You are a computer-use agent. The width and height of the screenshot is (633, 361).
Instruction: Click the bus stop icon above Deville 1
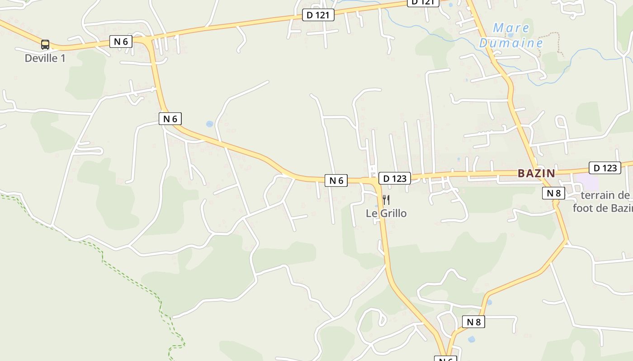click(x=45, y=44)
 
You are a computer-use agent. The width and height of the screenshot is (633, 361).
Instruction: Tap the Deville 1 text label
click(x=45, y=58)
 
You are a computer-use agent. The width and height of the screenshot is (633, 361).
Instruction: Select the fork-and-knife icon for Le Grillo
click(x=386, y=199)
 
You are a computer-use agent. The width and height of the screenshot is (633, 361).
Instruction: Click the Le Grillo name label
click(x=386, y=213)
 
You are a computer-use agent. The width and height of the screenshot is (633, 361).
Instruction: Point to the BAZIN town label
click(x=536, y=173)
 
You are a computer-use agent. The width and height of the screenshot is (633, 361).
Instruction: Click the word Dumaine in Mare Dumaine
click(x=511, y=43)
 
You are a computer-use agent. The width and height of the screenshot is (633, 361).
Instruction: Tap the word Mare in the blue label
click(x=511, y=28)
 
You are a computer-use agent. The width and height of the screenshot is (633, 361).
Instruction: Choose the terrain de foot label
click(x=604, y=201)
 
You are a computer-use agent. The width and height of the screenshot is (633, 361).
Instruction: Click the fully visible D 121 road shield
click(x=318, y=15)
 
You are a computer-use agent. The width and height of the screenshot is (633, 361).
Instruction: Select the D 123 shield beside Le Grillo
click(x=395, y=178)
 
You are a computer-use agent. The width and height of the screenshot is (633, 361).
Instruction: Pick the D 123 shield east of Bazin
click(x=605, y=168)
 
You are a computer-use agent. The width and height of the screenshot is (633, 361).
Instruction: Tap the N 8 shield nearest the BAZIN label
click(x=553, y=193)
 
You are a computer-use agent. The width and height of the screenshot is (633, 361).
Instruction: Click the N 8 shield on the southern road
click(x=473, y=322)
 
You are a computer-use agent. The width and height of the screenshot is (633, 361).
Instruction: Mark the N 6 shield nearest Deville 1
click(x=121, y=42)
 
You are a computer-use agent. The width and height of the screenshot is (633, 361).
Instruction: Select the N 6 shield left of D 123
click(x=336, y=180)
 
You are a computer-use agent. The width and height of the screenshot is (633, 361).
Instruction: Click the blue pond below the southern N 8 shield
click(x=472, y=339)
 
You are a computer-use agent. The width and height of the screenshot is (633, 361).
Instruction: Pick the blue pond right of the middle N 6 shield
click(x=209, y=124)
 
